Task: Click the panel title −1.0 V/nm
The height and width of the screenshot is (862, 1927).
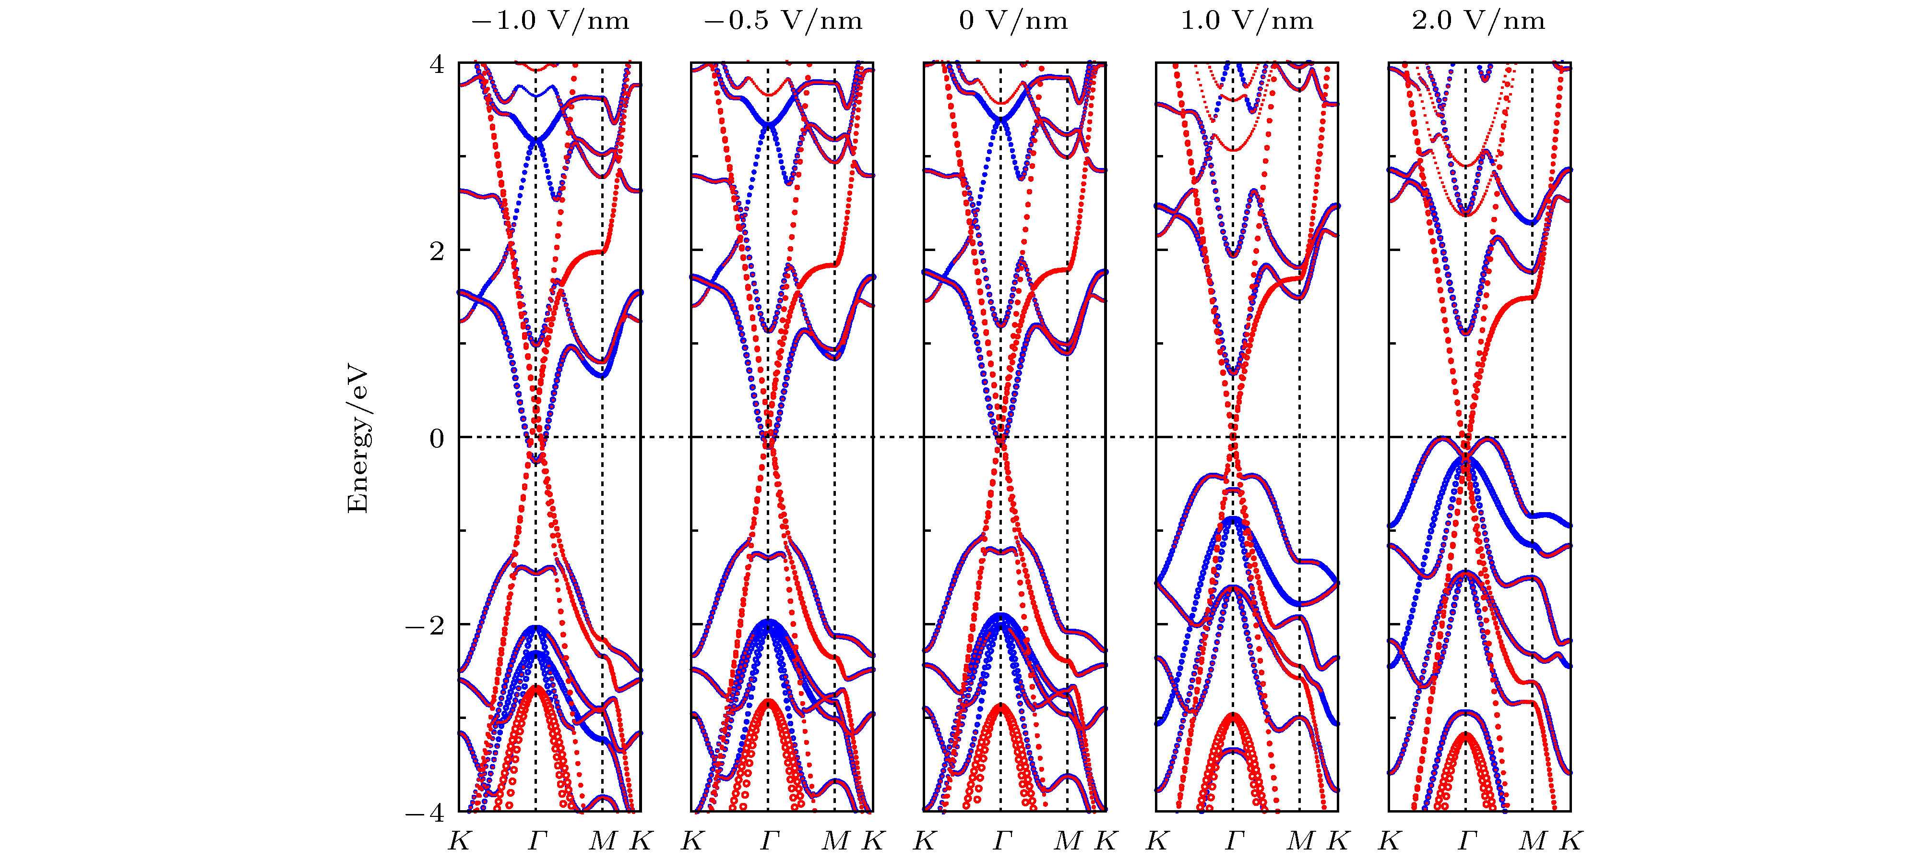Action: pos(550,21)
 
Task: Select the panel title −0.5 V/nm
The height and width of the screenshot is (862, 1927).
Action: pos(783,21)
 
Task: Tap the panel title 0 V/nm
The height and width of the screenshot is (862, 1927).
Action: pos(1013,21)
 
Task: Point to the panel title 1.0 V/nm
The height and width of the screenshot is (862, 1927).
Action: pos(1246,21)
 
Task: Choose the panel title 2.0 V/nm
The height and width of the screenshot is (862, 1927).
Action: pos(1478,21)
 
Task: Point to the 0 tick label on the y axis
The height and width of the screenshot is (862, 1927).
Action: pos(436,438)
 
